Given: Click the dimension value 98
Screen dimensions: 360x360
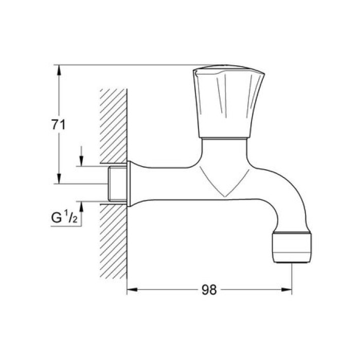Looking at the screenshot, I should (208, 290).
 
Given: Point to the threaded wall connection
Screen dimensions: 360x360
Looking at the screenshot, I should (118, 184).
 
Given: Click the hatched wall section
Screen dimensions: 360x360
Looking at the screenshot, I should (114, 129).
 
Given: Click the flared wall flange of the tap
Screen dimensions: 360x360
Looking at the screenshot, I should (132, 184).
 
